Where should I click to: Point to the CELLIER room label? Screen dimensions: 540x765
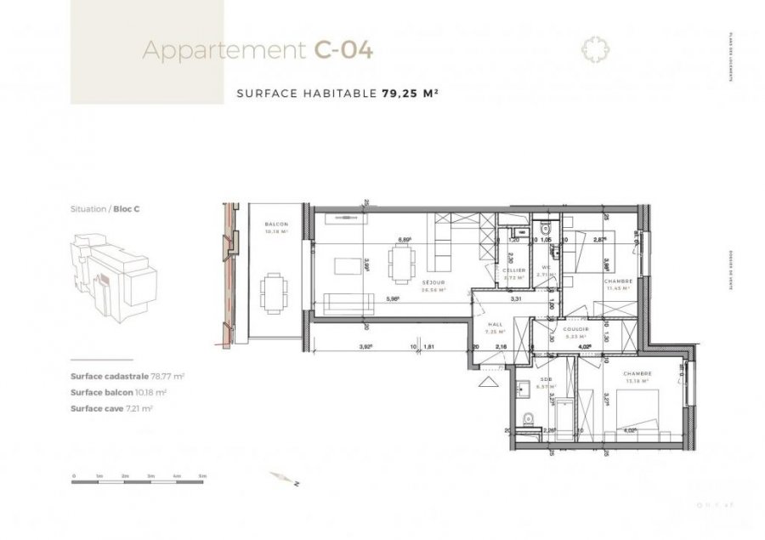tap(513, 271)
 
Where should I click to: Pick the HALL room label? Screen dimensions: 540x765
tap(495, 325)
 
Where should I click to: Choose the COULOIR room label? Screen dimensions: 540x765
tap(571, 330)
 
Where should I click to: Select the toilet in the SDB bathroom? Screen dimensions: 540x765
tap(528, 418)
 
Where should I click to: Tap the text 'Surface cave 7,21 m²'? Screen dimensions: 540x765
tap(119, 408)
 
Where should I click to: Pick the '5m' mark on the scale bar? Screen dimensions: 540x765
tap(202, 475)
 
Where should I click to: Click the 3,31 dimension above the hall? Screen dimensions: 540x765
tap(516, 298)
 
